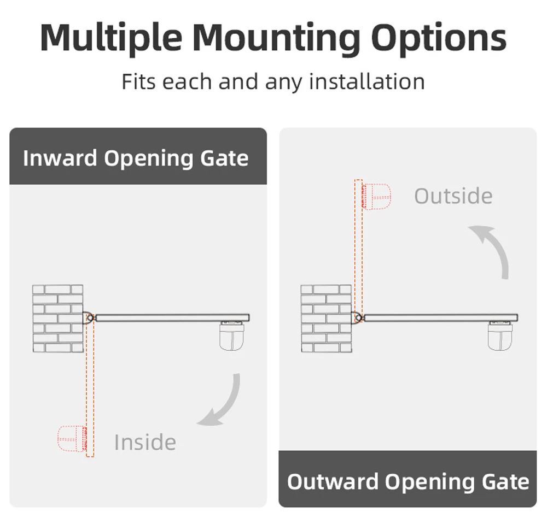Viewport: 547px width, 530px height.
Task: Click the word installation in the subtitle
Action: (366, 82)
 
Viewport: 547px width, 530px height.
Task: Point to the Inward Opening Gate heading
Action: (136, 158)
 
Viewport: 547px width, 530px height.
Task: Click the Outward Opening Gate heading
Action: (408, 482)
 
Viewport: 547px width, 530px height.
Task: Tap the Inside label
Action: (145, 442)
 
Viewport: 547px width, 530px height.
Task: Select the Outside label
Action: (453, 196)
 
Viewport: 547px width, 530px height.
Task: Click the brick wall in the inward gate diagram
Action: (57, 318)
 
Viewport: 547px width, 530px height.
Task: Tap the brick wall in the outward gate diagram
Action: (326, 318)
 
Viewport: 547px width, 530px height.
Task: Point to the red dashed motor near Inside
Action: (72, 438)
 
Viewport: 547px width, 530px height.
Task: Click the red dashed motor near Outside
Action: (377, 196)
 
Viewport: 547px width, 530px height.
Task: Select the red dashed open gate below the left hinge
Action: (90, 388)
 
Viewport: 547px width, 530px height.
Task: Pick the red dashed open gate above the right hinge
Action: (359, 246)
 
